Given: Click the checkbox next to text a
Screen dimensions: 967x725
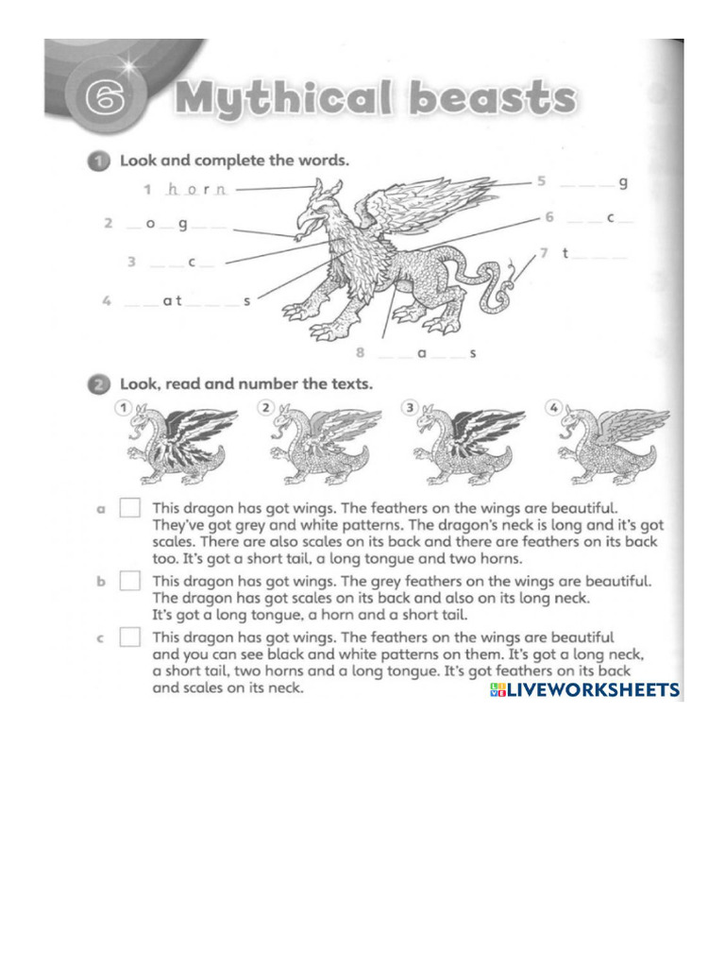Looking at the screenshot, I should click(130, 509).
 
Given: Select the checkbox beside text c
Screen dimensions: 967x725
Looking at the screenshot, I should click(130, 638).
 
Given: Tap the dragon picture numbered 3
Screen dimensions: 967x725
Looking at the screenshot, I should click(464, 444).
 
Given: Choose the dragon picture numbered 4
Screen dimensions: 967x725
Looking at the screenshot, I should click(609, 444).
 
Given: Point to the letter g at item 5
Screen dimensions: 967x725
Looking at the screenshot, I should click(623, 183).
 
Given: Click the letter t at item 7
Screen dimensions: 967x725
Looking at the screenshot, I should click(564, 253).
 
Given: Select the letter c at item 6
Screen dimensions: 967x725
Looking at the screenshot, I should click(611, 218).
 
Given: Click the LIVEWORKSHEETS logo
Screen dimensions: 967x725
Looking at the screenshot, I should click(584, 690).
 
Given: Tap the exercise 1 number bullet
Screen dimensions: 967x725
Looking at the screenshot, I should click(99, 161).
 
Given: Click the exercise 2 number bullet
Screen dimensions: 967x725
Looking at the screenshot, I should click(99, 384).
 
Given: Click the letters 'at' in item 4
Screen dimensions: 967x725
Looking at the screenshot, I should click(171, 301).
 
